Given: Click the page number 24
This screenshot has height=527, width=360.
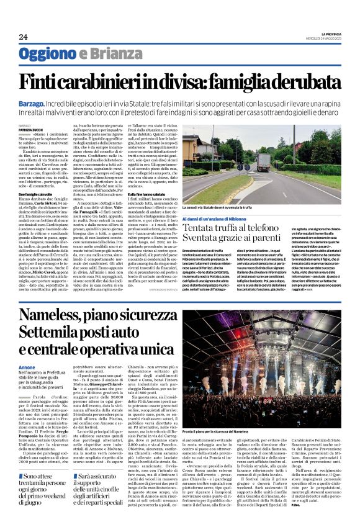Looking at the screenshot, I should point(23,37).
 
